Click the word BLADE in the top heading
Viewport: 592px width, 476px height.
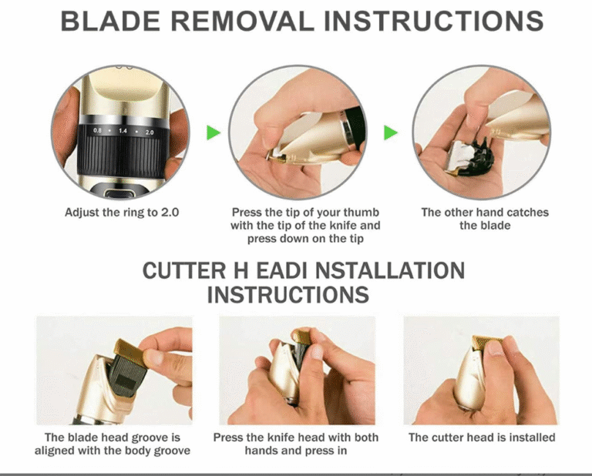tap(110, 21)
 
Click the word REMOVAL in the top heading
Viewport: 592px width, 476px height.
tap(242, 21)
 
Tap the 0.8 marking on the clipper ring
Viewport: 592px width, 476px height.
tap(97, 130)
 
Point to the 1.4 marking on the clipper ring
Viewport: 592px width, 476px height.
tap(123, 131)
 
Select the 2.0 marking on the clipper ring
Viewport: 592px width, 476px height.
tap(150, 132)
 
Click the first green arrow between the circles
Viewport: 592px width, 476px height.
tap(214, 132)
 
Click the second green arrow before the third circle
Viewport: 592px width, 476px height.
tap(391, 132)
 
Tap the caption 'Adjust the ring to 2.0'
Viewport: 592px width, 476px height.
tap(122, 213)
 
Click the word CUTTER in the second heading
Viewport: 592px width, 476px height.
tap(184, 271)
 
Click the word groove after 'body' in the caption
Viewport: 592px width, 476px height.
tap(172, 451)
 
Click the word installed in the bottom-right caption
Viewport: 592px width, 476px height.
tap(532, 437)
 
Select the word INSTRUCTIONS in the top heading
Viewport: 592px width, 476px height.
tap(434, 21)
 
